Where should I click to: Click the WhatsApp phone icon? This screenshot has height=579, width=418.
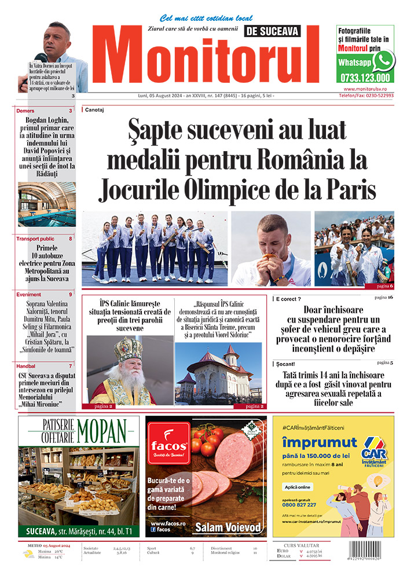[x=383, y=60]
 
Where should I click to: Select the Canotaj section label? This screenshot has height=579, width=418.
[x=95, y=109]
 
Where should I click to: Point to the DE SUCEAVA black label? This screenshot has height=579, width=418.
[x=272, y=32]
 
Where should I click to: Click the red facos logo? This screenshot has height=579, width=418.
[x=168, y=445]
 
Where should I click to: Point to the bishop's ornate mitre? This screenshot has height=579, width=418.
[x=128, y=350]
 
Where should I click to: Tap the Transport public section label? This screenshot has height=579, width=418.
[x=35, y=239]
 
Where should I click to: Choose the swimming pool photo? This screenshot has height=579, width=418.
[x=47, y=204]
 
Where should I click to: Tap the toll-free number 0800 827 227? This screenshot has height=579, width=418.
[x=299, y=504]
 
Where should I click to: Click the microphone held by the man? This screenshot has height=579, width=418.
[x=41, y=57]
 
